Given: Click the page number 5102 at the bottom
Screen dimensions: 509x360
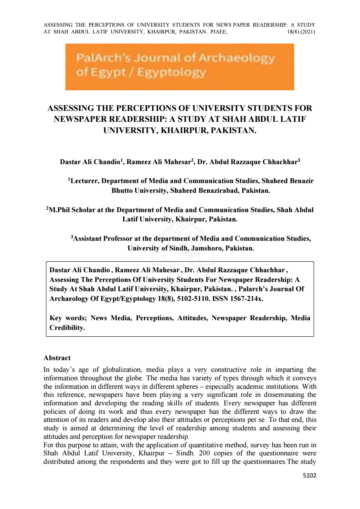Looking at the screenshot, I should (x=310, y=476).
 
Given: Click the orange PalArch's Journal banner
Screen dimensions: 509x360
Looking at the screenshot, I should (x=180, y=67).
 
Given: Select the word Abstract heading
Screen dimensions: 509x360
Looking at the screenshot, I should (x=57, y=358).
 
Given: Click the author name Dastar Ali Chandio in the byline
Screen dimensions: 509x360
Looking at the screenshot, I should (x=90, y=163).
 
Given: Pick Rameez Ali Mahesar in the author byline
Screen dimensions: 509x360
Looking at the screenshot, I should (x=159, y=163).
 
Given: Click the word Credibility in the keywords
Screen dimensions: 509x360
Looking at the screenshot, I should (x=67, y=328).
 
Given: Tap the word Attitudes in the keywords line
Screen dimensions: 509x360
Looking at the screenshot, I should (x=190, y=318).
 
